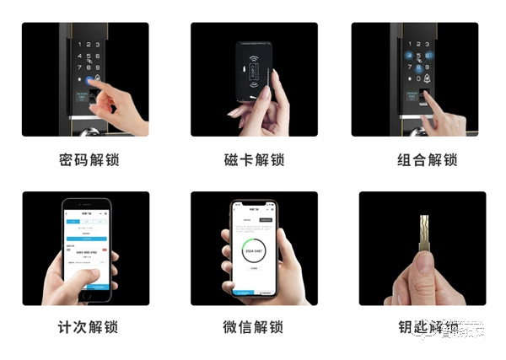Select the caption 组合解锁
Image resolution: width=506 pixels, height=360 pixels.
pos(428,160)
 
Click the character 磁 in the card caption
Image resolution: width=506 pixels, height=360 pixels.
pos(233,160)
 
